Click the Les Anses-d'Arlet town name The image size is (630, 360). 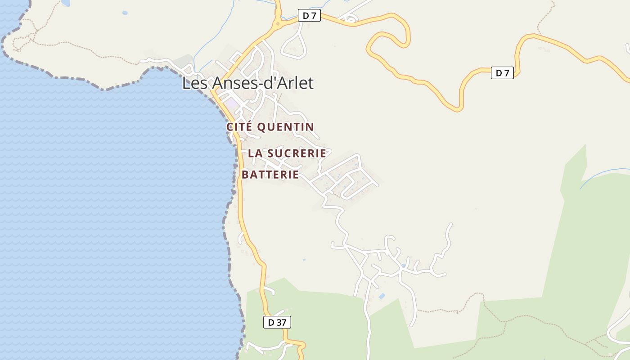[247, 83]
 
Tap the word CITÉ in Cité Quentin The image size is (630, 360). [239, 127]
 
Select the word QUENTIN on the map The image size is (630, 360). [285, 127]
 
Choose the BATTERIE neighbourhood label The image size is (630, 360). [270, 175]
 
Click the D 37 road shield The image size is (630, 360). [277, 322]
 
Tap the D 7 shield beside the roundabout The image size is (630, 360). [309, 16]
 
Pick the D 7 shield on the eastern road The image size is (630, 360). [502, 72]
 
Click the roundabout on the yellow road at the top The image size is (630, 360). [278, 23]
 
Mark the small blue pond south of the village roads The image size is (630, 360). [382, 296]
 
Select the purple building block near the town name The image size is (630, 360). [231, 103]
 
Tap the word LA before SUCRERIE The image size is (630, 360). [255, 153]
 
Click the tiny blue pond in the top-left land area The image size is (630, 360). [125, 13]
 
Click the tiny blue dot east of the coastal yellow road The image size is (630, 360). [304, 260]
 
